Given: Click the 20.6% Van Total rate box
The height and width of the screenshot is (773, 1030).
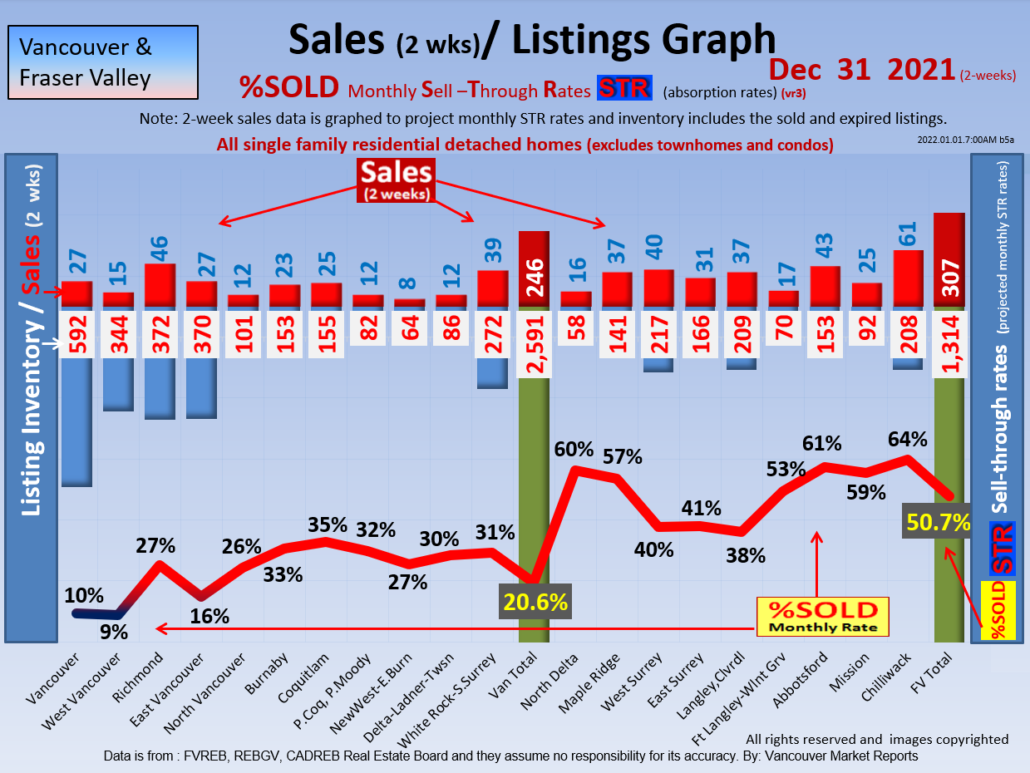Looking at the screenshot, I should (535, 599).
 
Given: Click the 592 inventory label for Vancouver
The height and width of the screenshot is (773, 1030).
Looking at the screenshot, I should (76, 336).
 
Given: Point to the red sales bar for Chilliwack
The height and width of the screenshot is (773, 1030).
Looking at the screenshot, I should (908, 278).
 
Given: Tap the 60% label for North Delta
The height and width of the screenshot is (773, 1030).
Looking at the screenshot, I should (574, 450).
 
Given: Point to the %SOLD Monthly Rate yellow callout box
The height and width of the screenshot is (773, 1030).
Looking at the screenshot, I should (822, 617).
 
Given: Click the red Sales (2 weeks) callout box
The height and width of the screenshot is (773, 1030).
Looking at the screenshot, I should (396, 180).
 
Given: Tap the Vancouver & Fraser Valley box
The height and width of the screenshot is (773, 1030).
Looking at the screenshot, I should (103, 62).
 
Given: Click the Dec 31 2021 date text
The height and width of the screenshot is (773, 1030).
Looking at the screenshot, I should (860, 69).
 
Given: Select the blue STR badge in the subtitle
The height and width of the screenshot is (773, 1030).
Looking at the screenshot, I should (624, 87).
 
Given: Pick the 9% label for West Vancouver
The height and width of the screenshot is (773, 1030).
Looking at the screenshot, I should (115, 632).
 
